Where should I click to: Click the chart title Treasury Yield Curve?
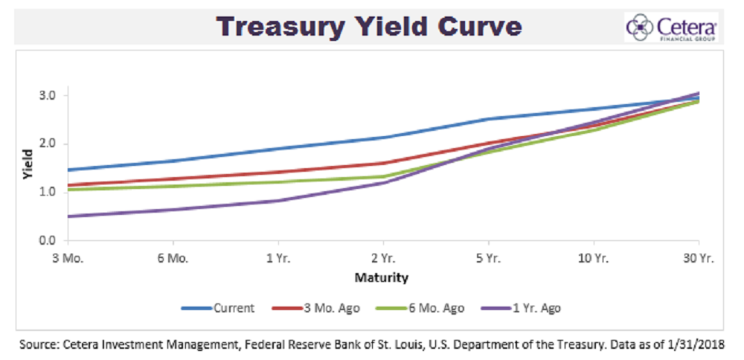coord(369,28)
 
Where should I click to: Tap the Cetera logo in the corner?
coord(672,28)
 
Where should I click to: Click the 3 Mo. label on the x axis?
coord(68,259)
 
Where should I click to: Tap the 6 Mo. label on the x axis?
coord(173,259)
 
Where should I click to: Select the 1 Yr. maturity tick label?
coord(278,259)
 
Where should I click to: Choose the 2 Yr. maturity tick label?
coord(383,259)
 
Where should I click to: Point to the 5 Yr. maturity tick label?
coord(488,259)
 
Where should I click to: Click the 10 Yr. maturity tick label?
coord(593,259)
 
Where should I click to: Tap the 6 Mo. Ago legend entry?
coord(432,307)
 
